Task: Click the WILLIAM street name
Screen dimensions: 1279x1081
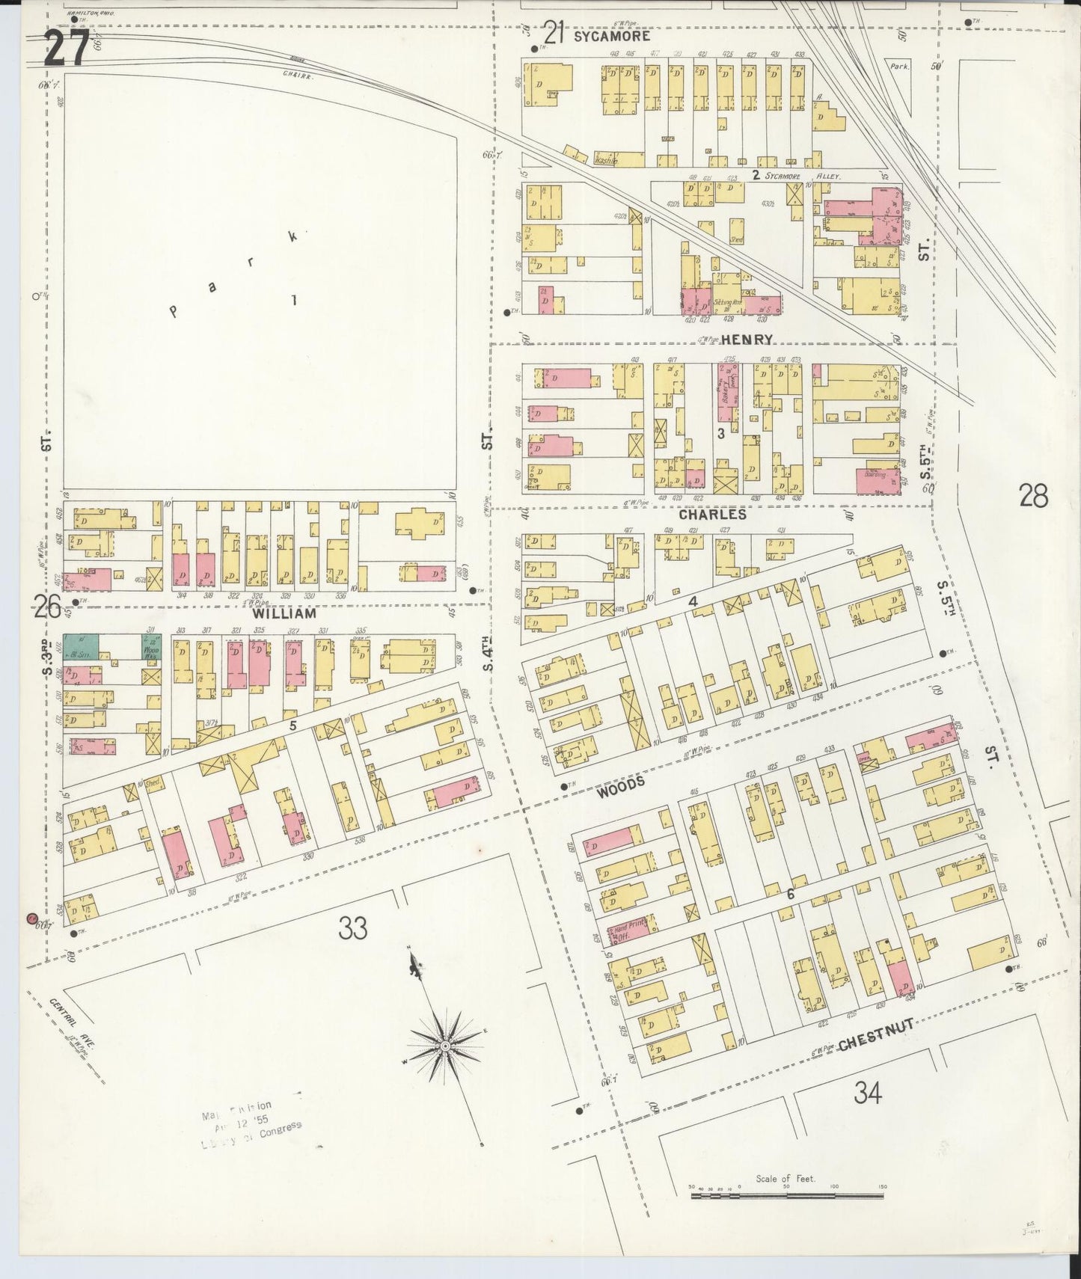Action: (284, 613)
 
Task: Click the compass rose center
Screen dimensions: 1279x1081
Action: (445, 1044)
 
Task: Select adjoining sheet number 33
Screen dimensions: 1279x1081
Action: (353, 928)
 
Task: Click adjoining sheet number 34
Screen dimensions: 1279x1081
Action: (868, 1094)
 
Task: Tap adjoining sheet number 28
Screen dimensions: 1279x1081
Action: (1033, 495)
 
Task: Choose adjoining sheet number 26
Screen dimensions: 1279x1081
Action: (46, 607)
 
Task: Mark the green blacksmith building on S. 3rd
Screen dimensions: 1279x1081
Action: (80, 646)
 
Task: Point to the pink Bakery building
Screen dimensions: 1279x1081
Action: (726, 391)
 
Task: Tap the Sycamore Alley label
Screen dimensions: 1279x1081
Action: (797, 177)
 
